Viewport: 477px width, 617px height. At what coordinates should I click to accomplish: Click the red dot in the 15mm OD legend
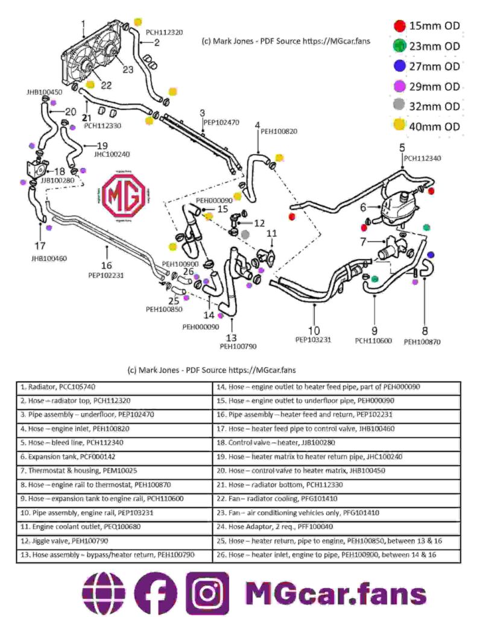tap(399, 26)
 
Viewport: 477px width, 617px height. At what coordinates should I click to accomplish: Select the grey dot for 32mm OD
tap(399, 107)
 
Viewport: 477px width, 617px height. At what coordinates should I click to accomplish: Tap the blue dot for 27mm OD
tap(399, 66)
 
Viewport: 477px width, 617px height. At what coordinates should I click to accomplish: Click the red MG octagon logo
tap(123, 196)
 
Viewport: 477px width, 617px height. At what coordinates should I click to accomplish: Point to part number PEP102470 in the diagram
tap(221, 122)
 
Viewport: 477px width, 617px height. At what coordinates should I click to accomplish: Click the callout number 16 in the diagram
tap(106, 265)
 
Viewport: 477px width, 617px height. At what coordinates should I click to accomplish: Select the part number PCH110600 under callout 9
tap(373, 341)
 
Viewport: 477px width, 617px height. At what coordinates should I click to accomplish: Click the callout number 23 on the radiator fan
tap(128, 70)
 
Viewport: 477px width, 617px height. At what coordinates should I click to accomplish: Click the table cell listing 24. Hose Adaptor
tap(336, 526)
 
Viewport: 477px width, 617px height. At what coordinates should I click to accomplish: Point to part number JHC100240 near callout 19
tap(112, 154)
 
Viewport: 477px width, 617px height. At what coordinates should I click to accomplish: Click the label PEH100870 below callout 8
tap(422, 342)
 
